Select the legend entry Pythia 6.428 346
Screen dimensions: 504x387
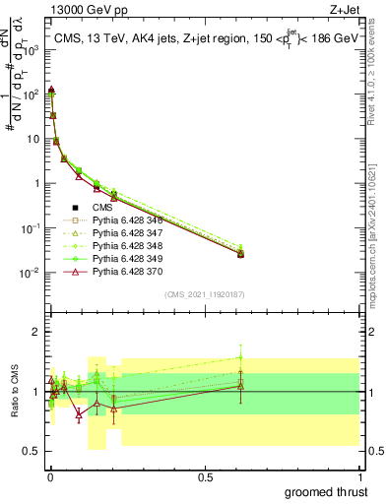(x=124, y=220)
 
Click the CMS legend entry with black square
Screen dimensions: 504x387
(x=98, y=208)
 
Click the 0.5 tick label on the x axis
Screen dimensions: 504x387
(x=206, y=476)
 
